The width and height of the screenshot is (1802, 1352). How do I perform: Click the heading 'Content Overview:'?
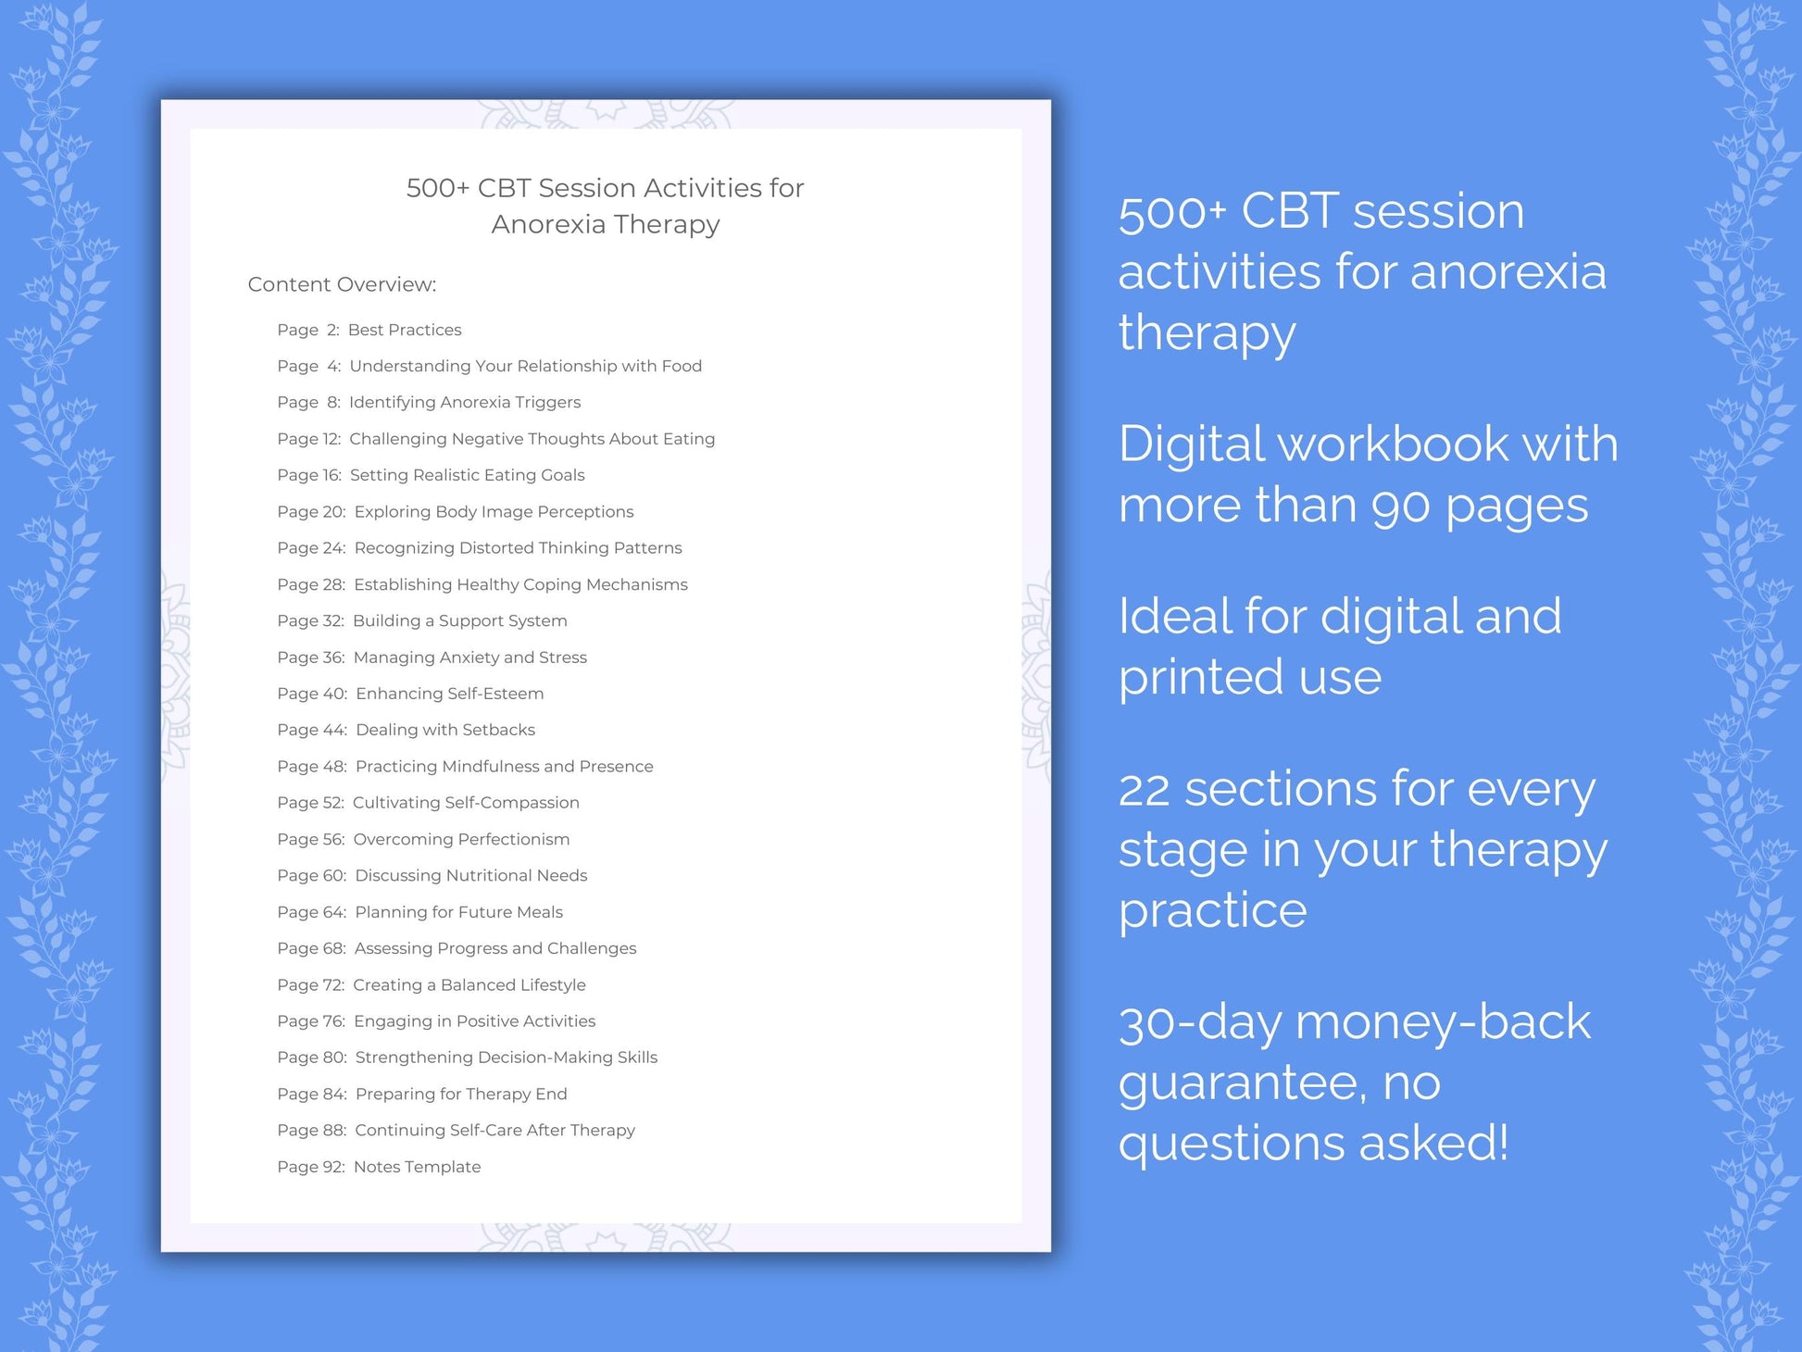(x=342, y=284)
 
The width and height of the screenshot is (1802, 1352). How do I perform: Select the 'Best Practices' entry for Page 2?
(x=404, y=330)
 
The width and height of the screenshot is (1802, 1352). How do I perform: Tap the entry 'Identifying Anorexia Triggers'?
(x=465, y=402)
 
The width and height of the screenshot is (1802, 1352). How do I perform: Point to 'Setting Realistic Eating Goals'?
(x=467, y=475)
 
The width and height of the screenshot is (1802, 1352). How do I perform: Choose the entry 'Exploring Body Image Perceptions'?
(x=494, y=511)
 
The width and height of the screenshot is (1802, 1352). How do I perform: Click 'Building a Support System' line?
(x=459, y=620)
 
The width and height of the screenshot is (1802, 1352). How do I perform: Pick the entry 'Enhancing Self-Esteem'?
(x=449, y=694)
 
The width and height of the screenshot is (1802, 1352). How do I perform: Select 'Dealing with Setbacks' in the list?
(x=444, y=730)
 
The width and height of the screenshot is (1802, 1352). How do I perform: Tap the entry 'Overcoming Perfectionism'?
(x=461, y=839)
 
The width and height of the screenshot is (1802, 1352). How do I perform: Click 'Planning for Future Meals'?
(x=458, y=912)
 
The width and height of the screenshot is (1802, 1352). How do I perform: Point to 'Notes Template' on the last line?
(x=417, y=1167)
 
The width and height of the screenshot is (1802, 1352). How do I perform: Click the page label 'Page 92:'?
(x=311, y=1167)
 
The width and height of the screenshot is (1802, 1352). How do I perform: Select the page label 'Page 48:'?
(x=312, y=767)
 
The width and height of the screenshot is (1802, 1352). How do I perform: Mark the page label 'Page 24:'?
(x=311, y=548)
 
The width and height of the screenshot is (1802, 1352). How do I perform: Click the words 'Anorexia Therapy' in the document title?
(x=606, y=224)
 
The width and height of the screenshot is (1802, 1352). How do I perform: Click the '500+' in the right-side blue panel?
(x=1172, y=212)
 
